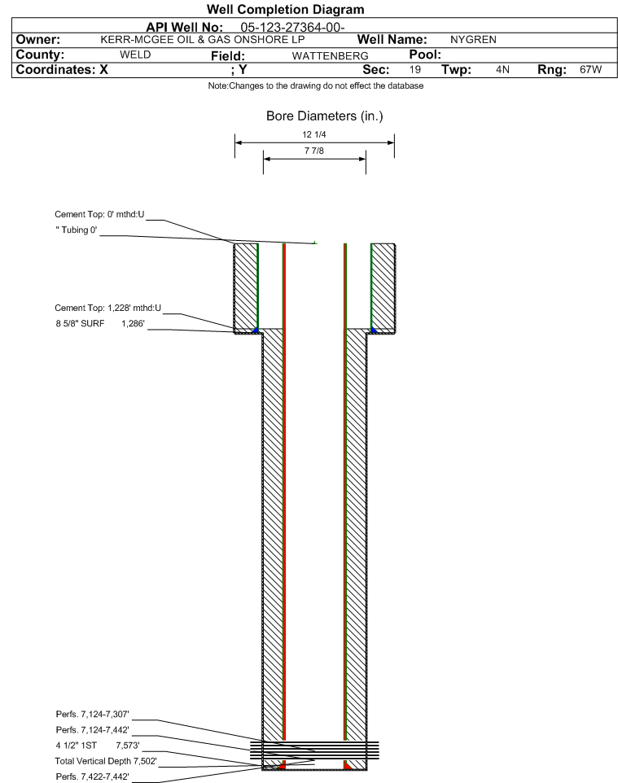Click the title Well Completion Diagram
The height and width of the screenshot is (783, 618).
pos(285,9)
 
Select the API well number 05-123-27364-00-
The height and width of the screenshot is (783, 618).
pos(293,28)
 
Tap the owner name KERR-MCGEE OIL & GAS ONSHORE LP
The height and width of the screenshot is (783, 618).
pos(203,39)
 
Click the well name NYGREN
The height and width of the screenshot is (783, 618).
pos(473,39)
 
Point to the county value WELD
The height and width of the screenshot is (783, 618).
pos(135,55)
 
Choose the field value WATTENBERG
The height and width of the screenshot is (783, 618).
pos(331,56)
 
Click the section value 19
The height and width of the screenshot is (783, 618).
pos(415,69)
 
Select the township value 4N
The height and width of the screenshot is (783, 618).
pos(502,69)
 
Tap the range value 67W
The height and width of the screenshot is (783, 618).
pos(590,69)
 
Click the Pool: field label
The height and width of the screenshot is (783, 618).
pos(425,55)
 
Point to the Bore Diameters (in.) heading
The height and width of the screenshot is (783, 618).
pos(325,116)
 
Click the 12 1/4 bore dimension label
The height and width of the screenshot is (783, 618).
pos(314,134)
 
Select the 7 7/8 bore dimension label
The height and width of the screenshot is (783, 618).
pos(314,151)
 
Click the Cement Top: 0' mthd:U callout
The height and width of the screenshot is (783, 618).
pos(99,214)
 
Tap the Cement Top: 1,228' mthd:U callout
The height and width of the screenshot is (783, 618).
pos(108,308)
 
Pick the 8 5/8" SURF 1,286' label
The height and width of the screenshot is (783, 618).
pos(100,324)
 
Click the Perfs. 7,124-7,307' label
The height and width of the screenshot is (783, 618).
pos(93,714)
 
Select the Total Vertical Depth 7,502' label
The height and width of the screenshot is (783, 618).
pos(106,761)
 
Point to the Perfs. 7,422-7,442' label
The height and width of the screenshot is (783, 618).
pos(93,776)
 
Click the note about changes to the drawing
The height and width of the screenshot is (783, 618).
pos(316,86)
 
